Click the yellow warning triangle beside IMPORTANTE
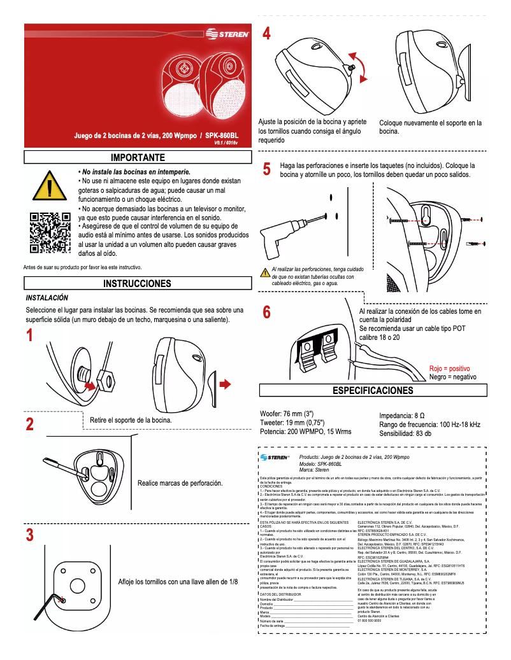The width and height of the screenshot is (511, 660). click(x=50, y=186)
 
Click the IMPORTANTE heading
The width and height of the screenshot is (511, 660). click(x=138, y=157)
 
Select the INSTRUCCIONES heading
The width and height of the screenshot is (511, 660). click(x=137, y=283)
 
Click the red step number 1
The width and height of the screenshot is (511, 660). click(x=29, y=335)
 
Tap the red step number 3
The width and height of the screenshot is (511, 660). click(x=29, y=535)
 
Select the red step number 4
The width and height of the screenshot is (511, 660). click(x=267, y=34)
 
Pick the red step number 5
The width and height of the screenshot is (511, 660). click(x=267, y=170)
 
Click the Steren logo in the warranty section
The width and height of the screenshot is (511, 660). click(x=274, y=458)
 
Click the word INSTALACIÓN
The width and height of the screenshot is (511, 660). click(x=47, y=298)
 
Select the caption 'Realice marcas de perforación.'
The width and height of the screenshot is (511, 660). click(x=180, y=483)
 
